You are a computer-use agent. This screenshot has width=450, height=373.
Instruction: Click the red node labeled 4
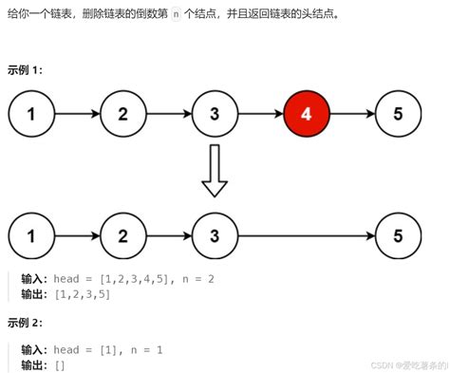point(307,115)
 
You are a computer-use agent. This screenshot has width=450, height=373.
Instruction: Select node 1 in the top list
point(31,115)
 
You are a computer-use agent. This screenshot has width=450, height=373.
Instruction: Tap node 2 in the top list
point(122,115)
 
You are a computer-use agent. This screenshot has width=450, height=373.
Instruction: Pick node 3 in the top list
point(215,115)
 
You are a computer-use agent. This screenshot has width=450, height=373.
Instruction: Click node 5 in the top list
point(399,115)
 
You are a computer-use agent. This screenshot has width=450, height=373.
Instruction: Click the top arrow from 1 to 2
point(77,115)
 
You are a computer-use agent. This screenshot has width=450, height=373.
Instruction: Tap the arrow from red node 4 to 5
point(352,115)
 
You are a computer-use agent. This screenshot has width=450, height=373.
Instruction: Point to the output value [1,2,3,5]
point(83,294)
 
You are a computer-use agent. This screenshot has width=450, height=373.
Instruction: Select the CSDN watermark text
point(408,364)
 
